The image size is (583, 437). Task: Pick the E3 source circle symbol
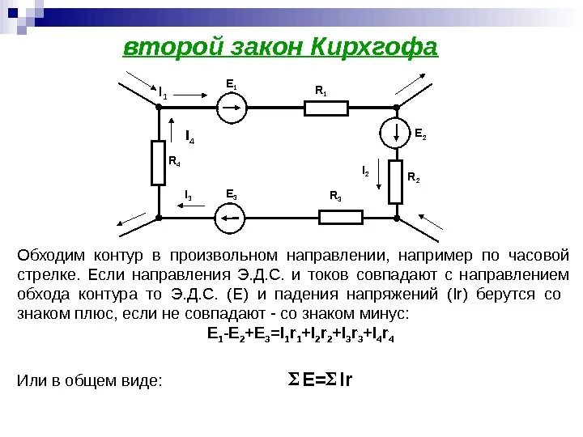[x=230, y=217]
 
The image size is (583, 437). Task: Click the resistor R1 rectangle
[x=322, y=107]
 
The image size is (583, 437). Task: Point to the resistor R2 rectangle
[x=396, y=181]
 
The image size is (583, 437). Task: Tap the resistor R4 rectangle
[x=159, y=163]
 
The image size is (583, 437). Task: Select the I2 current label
[x=365, y=172]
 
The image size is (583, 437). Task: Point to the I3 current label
[x=188, y=195]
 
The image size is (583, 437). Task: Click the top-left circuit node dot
[x=159, y=107]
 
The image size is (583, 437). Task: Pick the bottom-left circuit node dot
[x=159, y=217]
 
